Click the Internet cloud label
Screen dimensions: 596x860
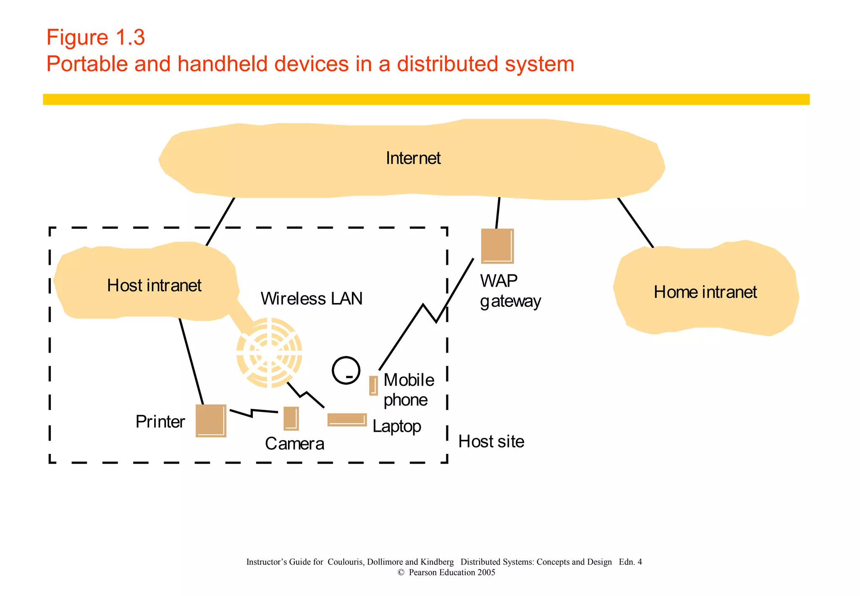(x=413, y=158)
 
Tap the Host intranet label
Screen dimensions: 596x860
(x=154, y=285)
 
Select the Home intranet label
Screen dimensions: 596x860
(x=705, y=292)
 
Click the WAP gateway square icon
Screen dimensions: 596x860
(x=497, y=246)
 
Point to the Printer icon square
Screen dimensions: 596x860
(x=211, y=421)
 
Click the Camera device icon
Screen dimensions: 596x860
(x=291, y=419)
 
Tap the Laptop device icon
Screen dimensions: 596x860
(x=347, y=419)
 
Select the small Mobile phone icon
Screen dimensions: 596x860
(x=373, y=385)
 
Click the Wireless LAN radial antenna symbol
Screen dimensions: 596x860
(x=269, y=352)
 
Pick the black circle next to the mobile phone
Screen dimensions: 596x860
(x=346, y=370)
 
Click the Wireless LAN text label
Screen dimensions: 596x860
(x=311, y=299)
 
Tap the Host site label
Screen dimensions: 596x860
(x=491, y=442)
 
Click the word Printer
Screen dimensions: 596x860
(x=160, y=422)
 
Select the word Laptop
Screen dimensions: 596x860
(x=397, y=427)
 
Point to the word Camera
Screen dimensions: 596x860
(x=294, y=444)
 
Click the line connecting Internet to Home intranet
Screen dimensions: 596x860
(x=635, y=223)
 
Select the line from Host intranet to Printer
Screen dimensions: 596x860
(x=191, y=361)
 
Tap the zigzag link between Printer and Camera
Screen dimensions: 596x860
(x=253, y=412)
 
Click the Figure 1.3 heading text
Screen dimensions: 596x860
(x=96, y=37)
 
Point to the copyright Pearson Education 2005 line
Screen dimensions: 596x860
(x=446, y=572)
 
